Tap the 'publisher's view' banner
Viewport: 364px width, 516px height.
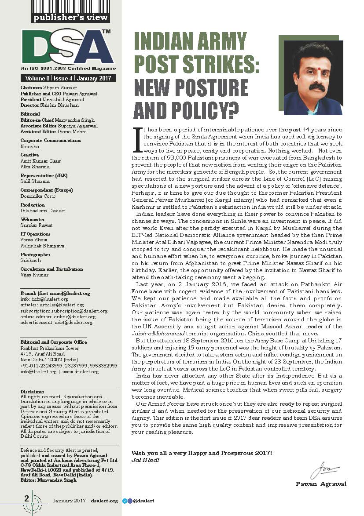point(70,18)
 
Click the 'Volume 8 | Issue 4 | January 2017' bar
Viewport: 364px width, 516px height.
point(68,79)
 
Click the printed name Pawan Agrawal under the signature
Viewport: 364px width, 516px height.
point(321,484)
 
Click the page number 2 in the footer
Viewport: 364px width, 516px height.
point(26,498)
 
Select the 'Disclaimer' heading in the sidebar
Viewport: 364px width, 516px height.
point(33,391)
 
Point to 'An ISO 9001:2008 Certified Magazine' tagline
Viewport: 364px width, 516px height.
point(68,69)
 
